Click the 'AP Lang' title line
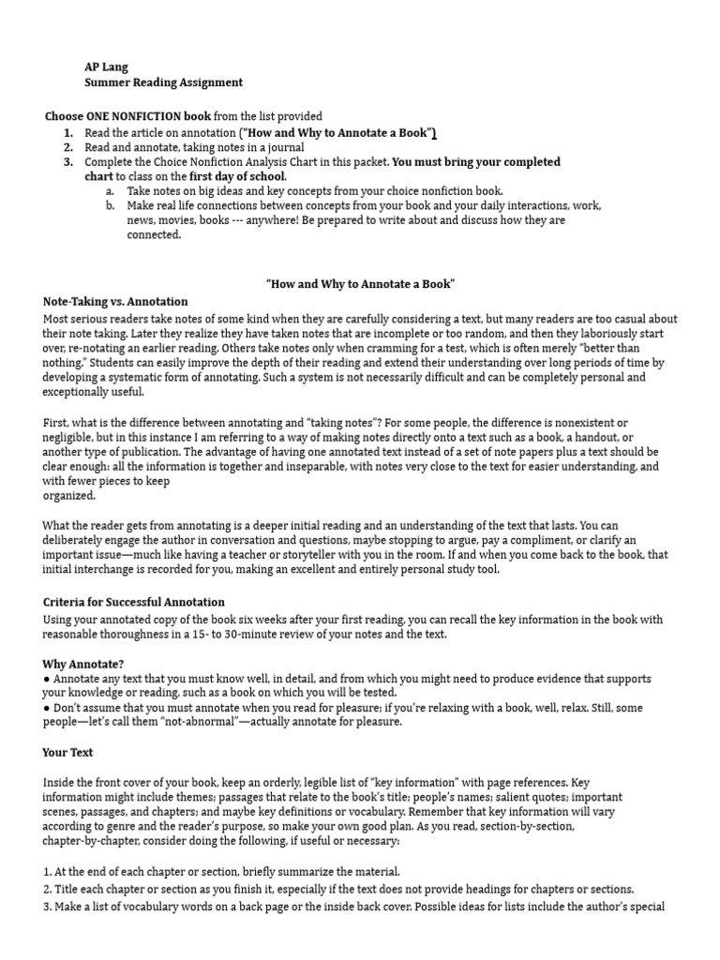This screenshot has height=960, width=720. pos(105,67)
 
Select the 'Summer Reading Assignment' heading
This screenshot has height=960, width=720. pos(163,82)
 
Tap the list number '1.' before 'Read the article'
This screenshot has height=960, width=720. pos(68,132)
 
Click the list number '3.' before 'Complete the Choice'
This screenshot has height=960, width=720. pos(68,162)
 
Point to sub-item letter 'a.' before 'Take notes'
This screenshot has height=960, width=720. pos(111,190)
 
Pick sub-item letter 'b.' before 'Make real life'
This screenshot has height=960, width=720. pos(111,205)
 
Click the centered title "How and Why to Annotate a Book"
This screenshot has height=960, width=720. pos(360,283)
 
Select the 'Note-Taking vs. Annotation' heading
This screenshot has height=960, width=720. pos(115,302)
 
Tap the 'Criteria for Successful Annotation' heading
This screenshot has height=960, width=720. pos(134,602)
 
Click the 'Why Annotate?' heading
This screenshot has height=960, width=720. pos(83,663)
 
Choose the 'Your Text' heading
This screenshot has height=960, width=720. pos(68,752)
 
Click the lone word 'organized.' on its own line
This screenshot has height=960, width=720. pos(69,496)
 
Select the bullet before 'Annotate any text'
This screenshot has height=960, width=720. pos(47,678)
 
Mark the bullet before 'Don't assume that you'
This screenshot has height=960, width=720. pos(47,708)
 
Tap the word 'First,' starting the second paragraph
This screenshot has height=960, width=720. pos(57,424)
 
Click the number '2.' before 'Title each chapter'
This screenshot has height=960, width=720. pos(48,889)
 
